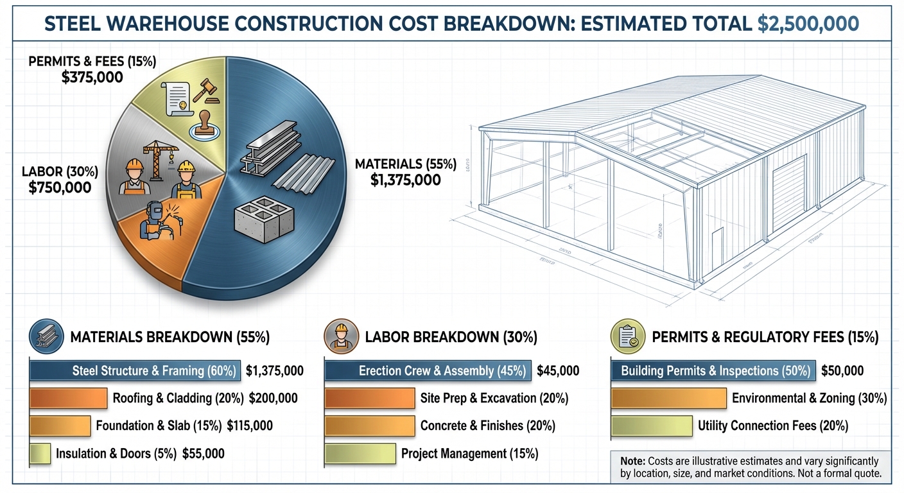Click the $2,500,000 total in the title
pos(808,24)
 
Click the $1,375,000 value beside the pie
pos(405,180)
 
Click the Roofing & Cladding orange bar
pos(68,398)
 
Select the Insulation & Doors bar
pos(40,453)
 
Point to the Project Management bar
pos(360,453)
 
